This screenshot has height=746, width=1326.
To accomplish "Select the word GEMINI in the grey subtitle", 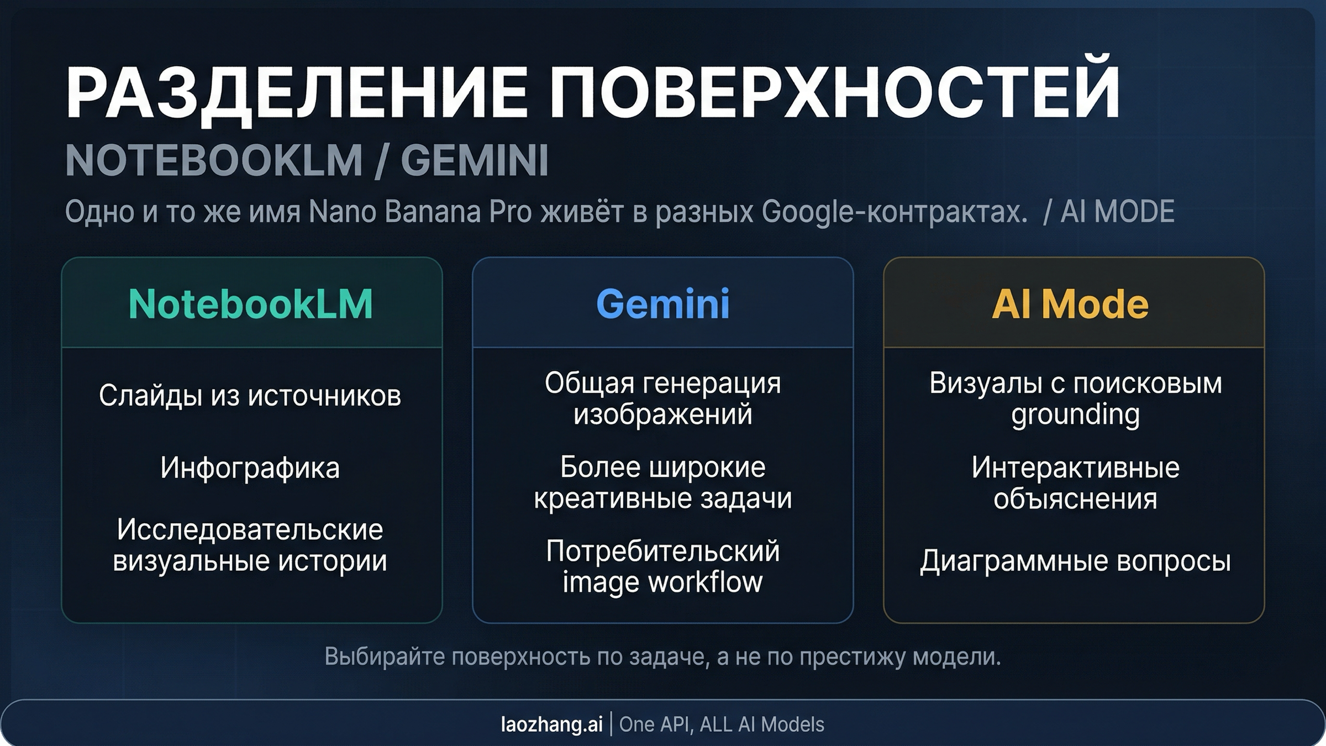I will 474,160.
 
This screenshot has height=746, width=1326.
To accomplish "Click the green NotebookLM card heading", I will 251,304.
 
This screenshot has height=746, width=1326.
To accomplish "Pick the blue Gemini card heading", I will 663,304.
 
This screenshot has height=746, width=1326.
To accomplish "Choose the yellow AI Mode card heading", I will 1070,304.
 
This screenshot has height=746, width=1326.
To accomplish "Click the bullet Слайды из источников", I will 250,396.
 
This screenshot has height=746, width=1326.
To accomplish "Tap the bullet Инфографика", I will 250,468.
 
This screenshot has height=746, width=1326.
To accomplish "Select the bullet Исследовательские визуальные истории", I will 250,545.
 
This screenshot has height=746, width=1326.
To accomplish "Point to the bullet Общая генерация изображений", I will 663,398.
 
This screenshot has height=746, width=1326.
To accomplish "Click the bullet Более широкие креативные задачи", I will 663,482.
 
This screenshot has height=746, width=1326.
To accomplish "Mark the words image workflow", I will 663,582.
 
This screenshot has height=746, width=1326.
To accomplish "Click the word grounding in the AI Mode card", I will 1075,414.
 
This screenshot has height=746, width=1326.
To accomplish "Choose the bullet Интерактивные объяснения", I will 1075,483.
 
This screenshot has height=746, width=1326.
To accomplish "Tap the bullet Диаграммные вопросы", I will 1075,561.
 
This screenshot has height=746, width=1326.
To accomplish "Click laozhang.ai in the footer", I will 551,724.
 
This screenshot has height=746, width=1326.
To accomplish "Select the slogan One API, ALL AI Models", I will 722,724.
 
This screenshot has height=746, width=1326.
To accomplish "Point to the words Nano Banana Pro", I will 420,212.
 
